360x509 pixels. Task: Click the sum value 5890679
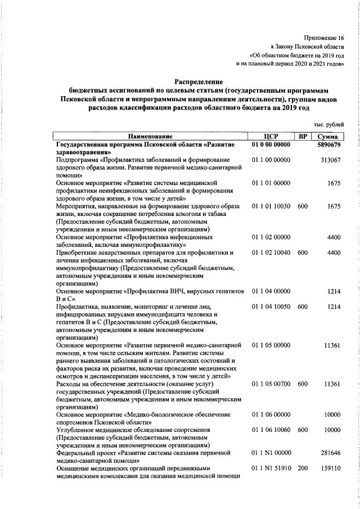coord(328,144)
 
